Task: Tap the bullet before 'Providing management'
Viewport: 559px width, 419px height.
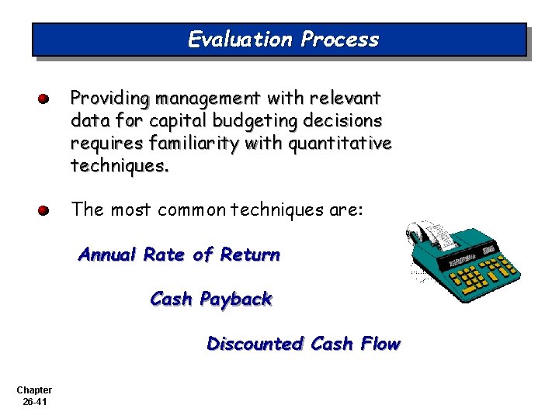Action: [x=45, y=99]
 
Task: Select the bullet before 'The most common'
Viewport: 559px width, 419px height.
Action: [x=45, y=210]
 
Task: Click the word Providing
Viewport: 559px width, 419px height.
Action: [x=110, y=99]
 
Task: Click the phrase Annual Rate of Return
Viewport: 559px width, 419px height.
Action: [x=179, y=255]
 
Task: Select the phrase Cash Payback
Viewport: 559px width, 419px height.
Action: [x=211, y=299]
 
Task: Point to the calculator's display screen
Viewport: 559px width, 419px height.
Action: [x=488, y=250]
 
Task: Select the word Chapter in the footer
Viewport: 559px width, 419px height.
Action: [x=33, y=390]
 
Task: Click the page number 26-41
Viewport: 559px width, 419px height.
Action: [x=33, y=401]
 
